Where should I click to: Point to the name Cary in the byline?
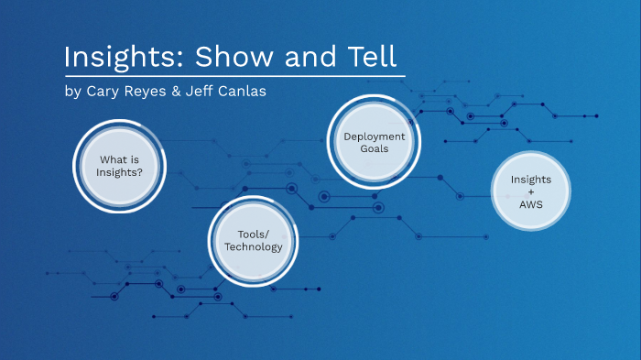pos(103,92)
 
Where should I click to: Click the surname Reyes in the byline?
pos(147,92)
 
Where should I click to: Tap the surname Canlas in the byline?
pos(245,92)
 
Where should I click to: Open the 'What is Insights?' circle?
pos(121,166)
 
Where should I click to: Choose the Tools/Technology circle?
pos(253,240)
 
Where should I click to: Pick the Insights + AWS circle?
pos(531,191)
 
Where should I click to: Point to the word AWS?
pos(531,204)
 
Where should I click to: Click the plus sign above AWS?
pos(531,191)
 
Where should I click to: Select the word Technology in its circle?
pos(253,246)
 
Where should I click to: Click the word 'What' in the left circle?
pos(112,159)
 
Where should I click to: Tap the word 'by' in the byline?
pos(72,92)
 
